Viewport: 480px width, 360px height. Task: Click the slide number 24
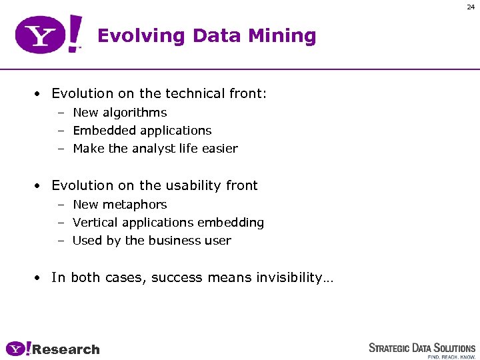click(471, 7)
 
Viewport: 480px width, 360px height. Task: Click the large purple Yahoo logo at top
click(49, 35)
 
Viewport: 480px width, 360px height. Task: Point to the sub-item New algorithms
click(119, 113)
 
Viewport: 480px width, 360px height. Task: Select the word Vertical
click(95, 223)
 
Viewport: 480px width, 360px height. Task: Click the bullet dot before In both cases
click(40, 278)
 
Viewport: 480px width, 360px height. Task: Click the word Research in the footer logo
click(66, 349)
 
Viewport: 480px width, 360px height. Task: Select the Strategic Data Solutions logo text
click(422, 347)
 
